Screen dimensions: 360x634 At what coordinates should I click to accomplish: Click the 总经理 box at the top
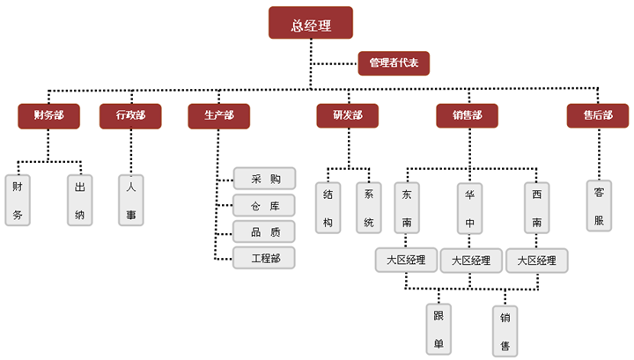[x=311, y=24]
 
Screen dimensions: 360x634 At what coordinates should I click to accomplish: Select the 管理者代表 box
[x=394, y=62]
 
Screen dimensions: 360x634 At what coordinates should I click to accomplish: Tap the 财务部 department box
[x=48, y=115]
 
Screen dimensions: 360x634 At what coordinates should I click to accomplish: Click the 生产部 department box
[x=218, y=115]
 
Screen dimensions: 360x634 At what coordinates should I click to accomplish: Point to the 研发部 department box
[x=347, y=115]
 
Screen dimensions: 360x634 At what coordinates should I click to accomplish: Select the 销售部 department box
[x=467, y=115]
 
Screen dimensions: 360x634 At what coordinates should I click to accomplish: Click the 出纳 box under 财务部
[x=81, y=200]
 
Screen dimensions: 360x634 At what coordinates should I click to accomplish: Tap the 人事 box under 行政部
[x=131, y=200]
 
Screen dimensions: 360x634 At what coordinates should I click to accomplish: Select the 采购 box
[x=264, y=179]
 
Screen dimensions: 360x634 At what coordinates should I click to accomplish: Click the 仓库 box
[x=264, y=205]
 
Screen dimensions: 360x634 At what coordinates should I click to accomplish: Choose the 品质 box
[x=264, y=231]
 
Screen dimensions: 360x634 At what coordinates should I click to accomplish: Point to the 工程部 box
[x=264, y=258]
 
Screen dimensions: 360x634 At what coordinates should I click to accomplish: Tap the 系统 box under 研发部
[x=369, y=208]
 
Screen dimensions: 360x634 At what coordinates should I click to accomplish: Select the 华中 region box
[x=469, y=209]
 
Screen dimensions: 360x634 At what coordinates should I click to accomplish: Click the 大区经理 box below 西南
[x=537, y=261]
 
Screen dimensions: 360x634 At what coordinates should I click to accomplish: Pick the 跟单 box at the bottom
[x=438, y=329]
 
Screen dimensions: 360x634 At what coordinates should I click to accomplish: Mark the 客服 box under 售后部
[x=600, y=205]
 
